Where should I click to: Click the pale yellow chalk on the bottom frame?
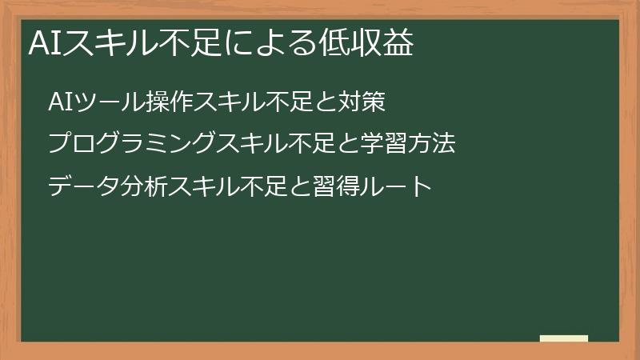coord(564,339)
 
